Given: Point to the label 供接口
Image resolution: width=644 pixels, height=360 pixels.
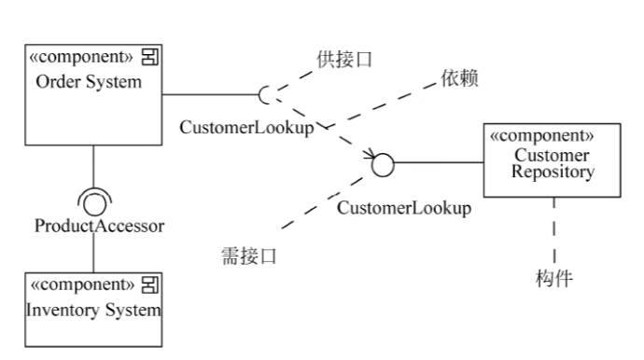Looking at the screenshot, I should (x=344, y=59).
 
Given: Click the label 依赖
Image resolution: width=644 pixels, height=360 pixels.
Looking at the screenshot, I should (x=459, y=79).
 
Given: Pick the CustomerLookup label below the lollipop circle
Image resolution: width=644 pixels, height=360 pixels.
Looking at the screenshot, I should (x=403, y=207).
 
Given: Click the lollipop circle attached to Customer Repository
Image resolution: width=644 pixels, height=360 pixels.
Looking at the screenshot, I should (x=383, y=165).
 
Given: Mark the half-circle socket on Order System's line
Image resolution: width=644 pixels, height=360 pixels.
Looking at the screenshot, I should (x=266, y=94).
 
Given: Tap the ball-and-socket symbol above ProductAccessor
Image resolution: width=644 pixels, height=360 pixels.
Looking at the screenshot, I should (x=93, y=199).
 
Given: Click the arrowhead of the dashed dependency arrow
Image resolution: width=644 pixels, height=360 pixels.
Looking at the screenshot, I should (x=371, y=154).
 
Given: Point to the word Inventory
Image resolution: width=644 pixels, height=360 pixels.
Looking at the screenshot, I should (x=61, y=310).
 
